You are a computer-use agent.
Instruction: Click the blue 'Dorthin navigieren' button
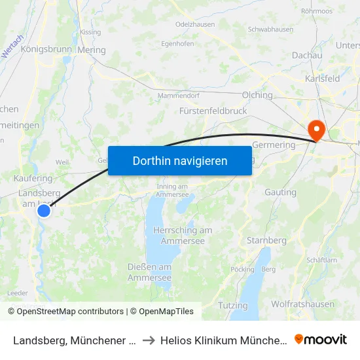[x=180, y=160]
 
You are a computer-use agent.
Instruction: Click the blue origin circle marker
[x=44, y=211]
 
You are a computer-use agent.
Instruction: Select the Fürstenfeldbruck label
[x=213, y=111]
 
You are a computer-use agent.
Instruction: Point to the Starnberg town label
[x=266, y=240]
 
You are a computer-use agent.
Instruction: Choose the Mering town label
[x=91, y=50]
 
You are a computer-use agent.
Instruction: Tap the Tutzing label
[x=233, y=306]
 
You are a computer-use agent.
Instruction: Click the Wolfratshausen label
[x=302, y=304]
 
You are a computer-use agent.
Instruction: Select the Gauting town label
[x=280, y=192]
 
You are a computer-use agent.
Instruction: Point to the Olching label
[x=257, y=95]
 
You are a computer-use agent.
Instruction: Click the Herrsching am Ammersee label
[x=183, y=236]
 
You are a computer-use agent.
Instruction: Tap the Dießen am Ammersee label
[x=150, y=272]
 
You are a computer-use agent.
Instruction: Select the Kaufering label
[x=33, y=178]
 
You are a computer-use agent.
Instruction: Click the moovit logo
[x=321, y=339]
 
